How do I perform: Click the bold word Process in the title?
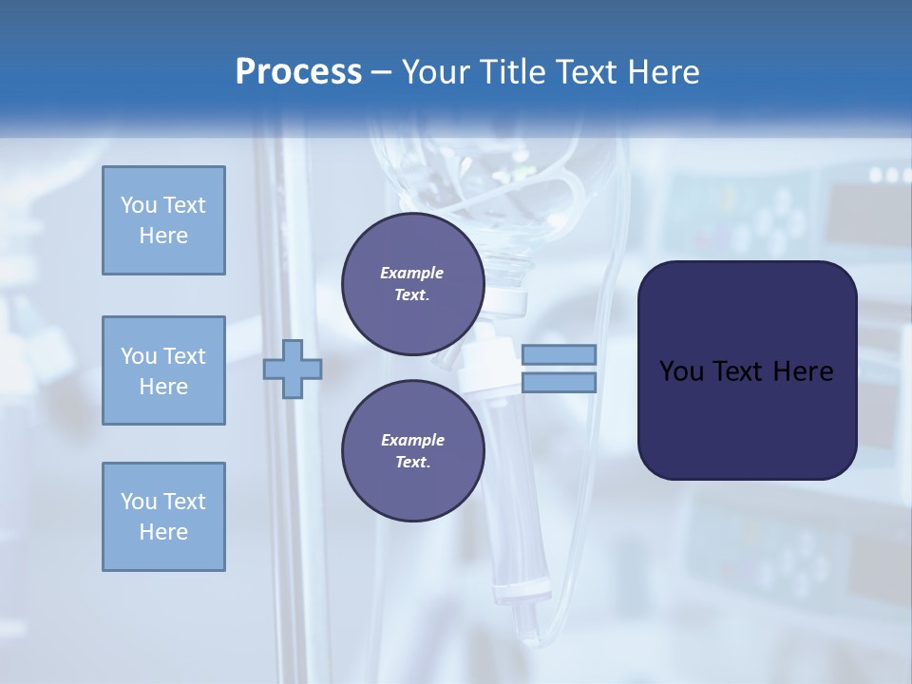point(298,72)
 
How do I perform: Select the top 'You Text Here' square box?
point(163,220)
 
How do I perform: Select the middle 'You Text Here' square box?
point(163,370)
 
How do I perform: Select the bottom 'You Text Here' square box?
point(163,517)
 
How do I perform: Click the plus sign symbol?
point(292,370)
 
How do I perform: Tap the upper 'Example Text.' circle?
point(412,283)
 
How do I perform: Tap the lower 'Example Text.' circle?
point(412,450)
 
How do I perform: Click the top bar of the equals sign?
point(559,354)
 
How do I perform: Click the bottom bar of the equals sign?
point(559,382)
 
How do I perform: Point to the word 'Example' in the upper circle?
point(412,273)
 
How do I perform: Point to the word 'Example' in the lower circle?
point(412,440)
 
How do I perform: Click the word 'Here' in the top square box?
point(163,236)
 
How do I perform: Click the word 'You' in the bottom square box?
point(139,502)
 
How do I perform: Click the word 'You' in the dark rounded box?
point(682,371)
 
